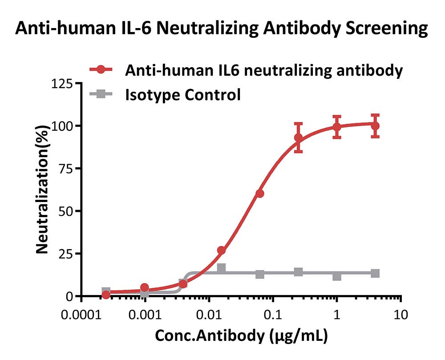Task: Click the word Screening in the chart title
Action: pos(387,29)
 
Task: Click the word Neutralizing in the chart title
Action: pos(207,29)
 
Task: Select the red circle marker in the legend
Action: pos(101,69)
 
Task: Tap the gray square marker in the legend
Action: pos(101,94)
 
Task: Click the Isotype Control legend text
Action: pos(183,95)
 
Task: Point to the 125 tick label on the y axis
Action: pos(62,84)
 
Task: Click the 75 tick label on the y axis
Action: pos(66,169)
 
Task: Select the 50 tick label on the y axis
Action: pos(66,211)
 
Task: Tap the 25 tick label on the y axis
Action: pos(66,254)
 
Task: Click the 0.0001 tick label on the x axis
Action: pos(81,315)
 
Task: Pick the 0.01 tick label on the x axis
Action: pos(209,315)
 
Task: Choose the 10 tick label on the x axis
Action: pos(401,315)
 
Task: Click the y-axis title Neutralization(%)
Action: pos(42,190)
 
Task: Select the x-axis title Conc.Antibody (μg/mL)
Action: pos(242,336)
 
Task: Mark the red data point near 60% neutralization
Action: pos(260,194)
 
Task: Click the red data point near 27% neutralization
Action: pos(221,250)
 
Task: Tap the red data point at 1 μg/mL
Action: pos(337,127)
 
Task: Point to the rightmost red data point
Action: pos(375,125)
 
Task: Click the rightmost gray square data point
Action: pos(375,274)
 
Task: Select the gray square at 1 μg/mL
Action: pos(337,276)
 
